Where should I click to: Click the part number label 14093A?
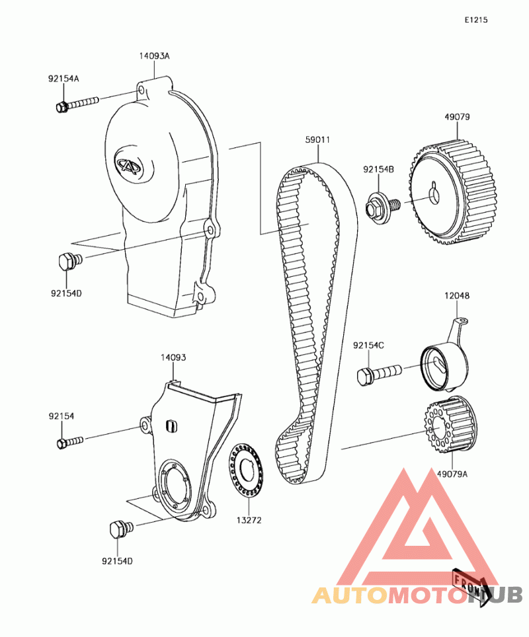[154, 56]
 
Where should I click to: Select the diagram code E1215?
[476, 20]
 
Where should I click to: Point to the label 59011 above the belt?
[317, 139]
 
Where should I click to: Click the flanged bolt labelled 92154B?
[383, 207]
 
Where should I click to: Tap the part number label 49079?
[457, 117]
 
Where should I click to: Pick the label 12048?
[457, 296]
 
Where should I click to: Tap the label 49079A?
[452, 474]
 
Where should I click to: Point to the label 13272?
[249, 520]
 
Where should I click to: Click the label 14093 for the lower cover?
[173, 357]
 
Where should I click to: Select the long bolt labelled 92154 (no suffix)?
[70, 442]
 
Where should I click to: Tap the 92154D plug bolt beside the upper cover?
[70, 262]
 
